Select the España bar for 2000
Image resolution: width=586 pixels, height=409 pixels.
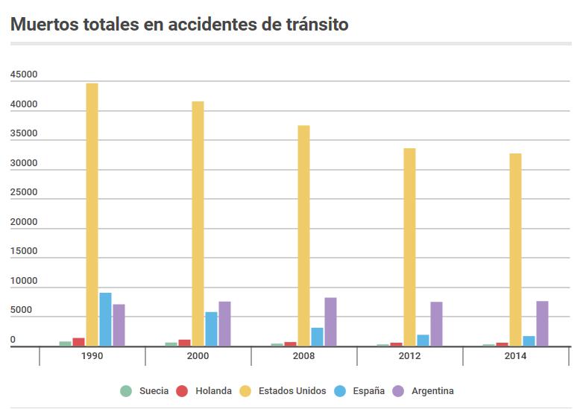coord(211,329)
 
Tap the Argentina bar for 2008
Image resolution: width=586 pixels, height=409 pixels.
coord(330,322)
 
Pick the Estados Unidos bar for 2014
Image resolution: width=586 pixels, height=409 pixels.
coord(515,250)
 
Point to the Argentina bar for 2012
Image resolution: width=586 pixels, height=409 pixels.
coord(436,324)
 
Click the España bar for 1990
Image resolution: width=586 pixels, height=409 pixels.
coord(105,320)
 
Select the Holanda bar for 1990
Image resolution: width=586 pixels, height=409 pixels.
coord(78,342)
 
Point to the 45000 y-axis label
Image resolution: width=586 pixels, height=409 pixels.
coord(24,75)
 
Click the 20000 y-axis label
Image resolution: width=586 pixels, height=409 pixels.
coord(24,222)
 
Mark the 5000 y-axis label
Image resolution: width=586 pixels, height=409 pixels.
coord(21,310)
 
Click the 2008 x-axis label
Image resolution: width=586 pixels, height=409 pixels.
coord(303,356)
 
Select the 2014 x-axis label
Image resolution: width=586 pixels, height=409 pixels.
coord(515,356)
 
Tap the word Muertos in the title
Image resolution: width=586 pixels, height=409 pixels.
coord(43,24)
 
